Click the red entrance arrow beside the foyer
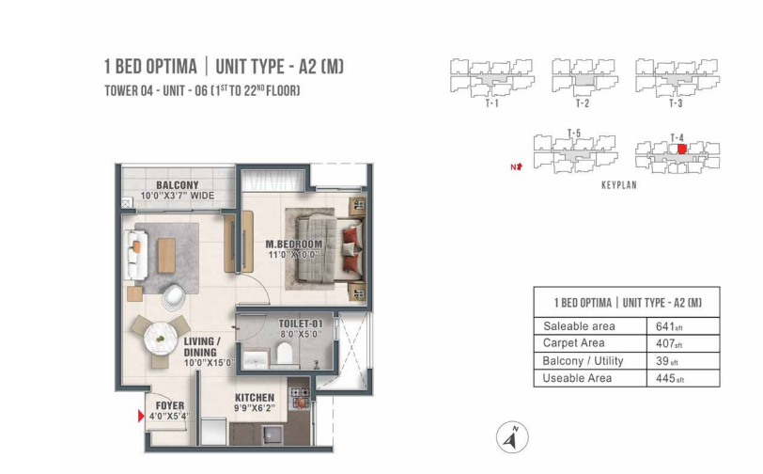coord(141,416)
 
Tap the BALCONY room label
coord(177,185)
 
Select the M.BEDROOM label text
coord(294,245)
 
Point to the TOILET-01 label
coord(301,324)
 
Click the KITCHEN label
coord(255,398)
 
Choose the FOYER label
coord(170,405)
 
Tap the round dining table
coord(161,336)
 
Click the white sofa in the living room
coord(136,255)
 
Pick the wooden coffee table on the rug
coord(166,255)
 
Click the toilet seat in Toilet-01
coord(284,354)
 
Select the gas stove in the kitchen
coord(300,398)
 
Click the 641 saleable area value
coord(664,326)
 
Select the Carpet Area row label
coord(574,343)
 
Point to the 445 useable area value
coord(665,378)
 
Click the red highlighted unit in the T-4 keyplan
coord(682,150)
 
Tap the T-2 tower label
coord(583,103)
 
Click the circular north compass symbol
coord(512,437)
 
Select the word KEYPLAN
coord(619,185)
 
